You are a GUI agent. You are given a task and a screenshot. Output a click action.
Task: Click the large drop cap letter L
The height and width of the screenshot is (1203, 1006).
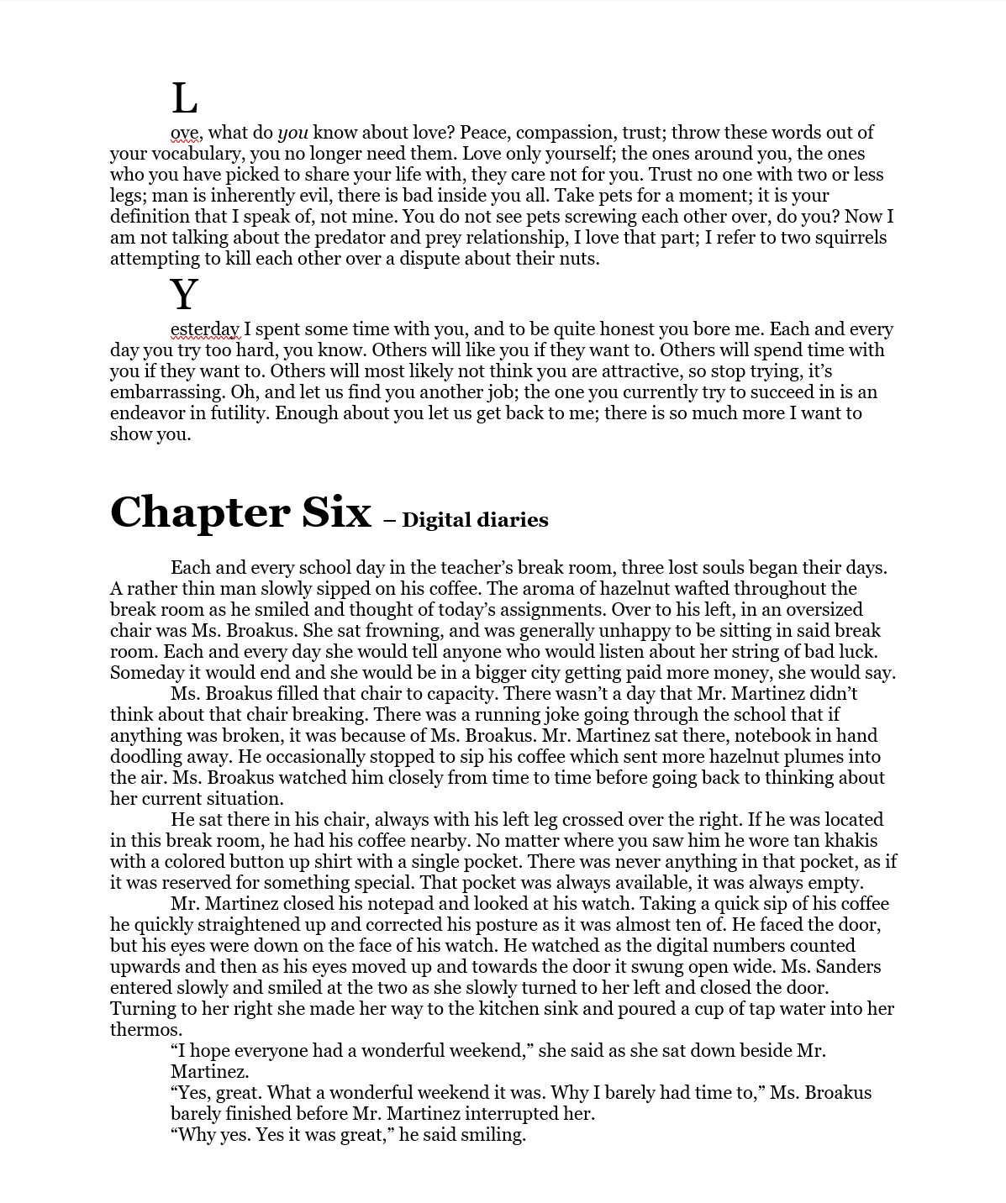[184, 99]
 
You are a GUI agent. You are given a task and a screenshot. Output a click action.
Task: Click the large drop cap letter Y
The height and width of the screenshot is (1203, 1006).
[184, 295]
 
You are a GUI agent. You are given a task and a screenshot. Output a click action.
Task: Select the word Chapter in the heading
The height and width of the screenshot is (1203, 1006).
[199, 512]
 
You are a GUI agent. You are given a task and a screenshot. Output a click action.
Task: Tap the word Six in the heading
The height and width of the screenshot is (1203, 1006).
[335, 512]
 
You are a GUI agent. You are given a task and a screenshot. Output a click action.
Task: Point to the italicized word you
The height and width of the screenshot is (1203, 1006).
[292, 133]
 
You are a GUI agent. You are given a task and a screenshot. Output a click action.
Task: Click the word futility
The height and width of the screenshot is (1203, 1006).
[236, 413]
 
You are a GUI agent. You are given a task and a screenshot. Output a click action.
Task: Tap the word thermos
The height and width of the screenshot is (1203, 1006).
[145, 1030]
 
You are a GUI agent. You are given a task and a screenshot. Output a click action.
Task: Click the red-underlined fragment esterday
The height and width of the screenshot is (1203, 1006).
[205, 329]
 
